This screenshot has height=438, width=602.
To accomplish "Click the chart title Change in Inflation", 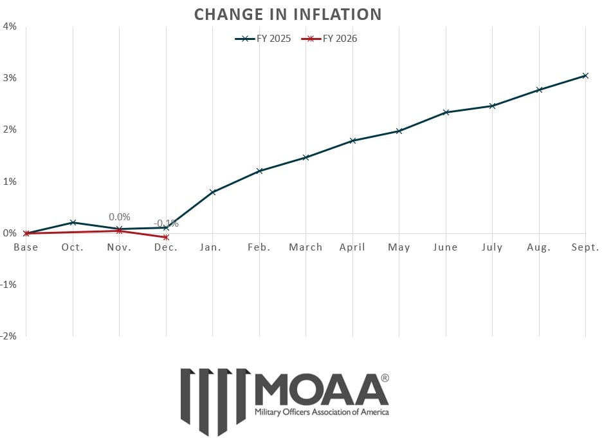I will pos(287,14).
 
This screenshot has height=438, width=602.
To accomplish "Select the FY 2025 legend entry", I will pos(263,39).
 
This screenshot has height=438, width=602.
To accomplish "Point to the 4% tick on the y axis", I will pos(10,26).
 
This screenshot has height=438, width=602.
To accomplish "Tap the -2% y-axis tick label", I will pos(10,336).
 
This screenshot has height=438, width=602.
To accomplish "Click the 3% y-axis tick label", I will pos(10,78).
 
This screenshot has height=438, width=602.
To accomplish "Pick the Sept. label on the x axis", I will pos(585,247).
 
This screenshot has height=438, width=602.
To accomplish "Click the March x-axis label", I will pos(306,247).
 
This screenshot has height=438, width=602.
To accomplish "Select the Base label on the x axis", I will pos(26,247).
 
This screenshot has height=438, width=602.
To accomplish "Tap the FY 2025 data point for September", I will pos(585,75).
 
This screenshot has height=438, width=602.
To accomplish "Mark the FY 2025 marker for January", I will pos(212,192).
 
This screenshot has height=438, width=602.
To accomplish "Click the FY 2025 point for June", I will pos(446,112).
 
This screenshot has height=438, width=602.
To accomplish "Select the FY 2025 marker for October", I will pos(73,222).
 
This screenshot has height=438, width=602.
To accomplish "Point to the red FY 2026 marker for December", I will pos(166,237).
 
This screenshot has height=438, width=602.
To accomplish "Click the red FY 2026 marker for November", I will pos(120,230).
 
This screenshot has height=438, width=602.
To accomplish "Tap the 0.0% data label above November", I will pos(120,217).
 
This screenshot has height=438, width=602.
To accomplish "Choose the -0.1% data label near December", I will pos(166,224).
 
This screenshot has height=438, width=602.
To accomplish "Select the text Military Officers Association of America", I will pos(322,412).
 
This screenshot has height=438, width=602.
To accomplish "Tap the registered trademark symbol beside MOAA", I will pos(385,378).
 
